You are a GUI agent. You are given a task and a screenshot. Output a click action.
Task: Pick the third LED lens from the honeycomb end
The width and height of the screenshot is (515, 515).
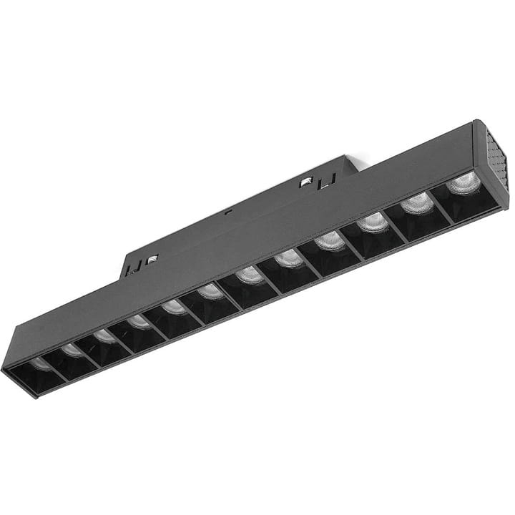click(x=373, y=222)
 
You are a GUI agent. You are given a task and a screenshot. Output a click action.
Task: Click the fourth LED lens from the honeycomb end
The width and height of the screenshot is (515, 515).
click(x=330, y=240)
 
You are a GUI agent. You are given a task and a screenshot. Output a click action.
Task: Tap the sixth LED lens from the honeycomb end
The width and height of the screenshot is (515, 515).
click(x=250, y=275)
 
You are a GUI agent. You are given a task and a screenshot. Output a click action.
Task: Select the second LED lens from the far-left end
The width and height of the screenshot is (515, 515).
click(x=72, y=350)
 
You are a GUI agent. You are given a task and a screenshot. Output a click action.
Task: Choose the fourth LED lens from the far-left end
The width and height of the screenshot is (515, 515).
click(x=139, y=322)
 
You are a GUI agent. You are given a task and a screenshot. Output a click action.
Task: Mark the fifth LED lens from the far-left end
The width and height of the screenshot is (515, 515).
click(x=174, y=308)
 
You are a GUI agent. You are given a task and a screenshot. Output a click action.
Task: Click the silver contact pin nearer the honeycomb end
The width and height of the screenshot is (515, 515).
click(x=305, y=182)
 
